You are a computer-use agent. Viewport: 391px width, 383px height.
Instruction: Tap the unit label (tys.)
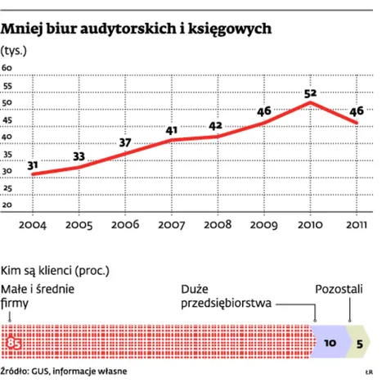point(16,52)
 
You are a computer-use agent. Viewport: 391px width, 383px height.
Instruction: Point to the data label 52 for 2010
point(310,93)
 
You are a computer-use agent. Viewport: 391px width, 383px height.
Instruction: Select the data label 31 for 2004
point(33,165)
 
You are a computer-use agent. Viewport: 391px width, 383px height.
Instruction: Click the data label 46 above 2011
point(357,111)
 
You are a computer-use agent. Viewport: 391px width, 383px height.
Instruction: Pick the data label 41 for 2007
point(171,130)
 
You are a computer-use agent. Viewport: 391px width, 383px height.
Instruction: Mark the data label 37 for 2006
point(125,144)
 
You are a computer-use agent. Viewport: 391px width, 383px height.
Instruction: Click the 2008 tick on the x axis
point(218,224)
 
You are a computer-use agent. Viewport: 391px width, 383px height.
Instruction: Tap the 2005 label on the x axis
point(79,224)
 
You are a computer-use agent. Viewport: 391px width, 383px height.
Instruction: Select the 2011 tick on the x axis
point(357,224)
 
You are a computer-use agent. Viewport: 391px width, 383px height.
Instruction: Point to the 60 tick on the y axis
point(7,68)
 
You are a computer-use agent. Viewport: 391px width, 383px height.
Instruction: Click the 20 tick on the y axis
point(7,205)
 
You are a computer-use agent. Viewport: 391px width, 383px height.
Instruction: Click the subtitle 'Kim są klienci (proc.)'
point(56,268)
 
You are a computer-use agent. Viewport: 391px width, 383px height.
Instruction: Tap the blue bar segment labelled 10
point(330,344)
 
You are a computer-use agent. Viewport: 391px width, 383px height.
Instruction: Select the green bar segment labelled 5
point(360,344)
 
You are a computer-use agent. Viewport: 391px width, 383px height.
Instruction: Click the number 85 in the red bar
point(14,344)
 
